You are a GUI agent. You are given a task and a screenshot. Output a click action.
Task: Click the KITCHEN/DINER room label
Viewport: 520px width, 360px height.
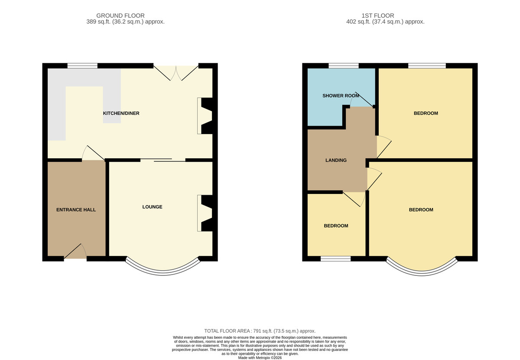click(x=121, y=113)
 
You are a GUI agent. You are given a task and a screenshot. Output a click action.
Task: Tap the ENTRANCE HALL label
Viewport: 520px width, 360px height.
click(x=76, y=209)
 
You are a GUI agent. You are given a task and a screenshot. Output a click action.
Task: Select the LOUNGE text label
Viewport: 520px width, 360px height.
click(x=152, y=207)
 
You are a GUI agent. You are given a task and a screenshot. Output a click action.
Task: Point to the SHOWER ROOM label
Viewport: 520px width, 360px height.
click(x=341, y=95)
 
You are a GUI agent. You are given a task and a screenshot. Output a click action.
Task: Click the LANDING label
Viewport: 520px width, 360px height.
click(x=336, y=160)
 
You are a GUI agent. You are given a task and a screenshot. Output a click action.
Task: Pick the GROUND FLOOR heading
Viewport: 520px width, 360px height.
click(x=120, y=16)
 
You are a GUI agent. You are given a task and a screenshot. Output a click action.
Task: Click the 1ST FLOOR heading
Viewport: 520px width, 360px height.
click(x=378, y=16)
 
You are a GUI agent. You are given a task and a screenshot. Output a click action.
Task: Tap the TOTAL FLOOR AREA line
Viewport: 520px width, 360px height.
click(x=260, y=331)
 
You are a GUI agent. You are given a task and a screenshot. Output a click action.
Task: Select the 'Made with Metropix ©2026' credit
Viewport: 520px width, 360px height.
click(x=260, y=358)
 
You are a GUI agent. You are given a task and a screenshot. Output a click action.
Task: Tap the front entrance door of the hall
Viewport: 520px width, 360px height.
click(x=75, y=251)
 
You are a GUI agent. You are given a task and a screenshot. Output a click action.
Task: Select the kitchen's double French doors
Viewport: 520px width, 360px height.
click(x=176, y=73)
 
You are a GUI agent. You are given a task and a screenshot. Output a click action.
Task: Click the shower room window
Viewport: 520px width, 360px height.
click(x=344, y=66)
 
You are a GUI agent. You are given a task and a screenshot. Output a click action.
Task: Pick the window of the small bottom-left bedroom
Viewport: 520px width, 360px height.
click(x=336, y=259)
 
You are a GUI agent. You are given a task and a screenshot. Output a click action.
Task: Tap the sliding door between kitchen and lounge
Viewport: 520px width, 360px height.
click(x=163, y=160)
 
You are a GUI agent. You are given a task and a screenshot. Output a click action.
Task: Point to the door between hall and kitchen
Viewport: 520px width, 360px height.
click(x=93, y=153)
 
